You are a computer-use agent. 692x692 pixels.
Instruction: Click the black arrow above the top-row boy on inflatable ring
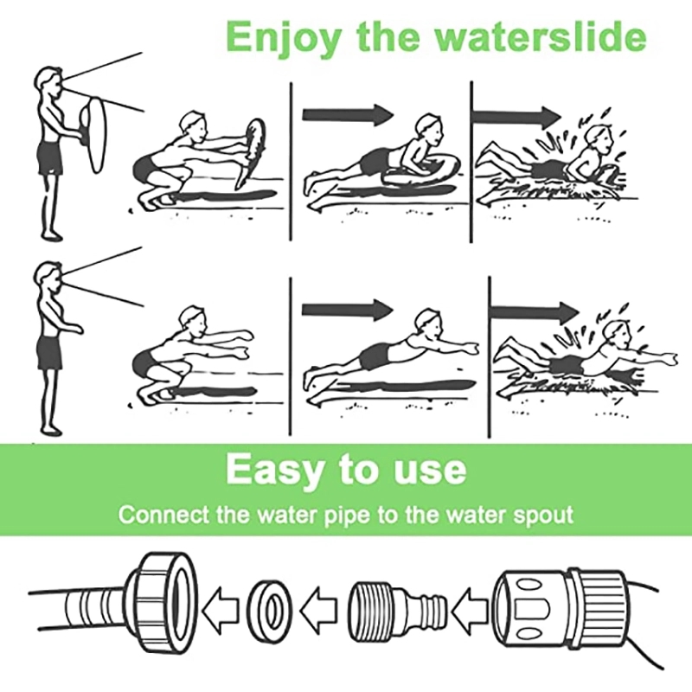click(348, 115)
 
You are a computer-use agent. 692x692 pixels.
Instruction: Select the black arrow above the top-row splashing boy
click(516, 117)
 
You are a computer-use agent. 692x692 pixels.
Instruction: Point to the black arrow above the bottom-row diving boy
click(348, 310)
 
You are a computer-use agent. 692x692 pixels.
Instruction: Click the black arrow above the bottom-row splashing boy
click(535, 312)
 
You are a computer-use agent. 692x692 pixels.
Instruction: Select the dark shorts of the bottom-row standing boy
click(49, 353)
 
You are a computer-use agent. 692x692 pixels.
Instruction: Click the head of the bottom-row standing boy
click(48, 277)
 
